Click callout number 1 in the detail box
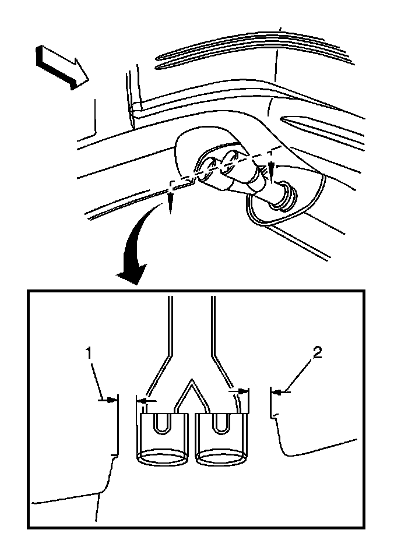point(89,352)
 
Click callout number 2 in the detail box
point(316,352)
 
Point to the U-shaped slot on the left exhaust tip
point(163,423)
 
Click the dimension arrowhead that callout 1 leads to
point(112,399)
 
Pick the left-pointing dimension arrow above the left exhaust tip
point(143,400)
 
